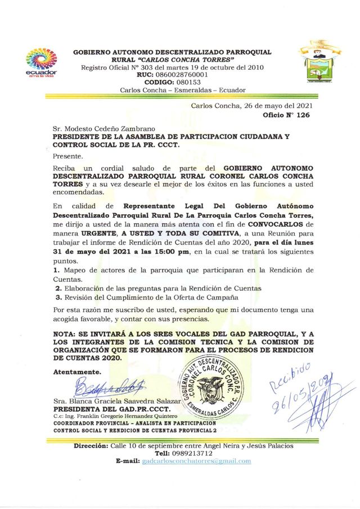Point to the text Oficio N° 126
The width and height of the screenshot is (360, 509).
[x=287, y=114]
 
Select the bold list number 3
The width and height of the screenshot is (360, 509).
[x=57, y=296]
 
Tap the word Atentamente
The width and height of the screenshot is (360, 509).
[x=77, y=372]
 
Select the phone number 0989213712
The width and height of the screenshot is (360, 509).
[x=191, y=453]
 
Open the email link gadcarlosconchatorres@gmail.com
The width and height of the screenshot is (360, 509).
[x=196, y=461]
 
